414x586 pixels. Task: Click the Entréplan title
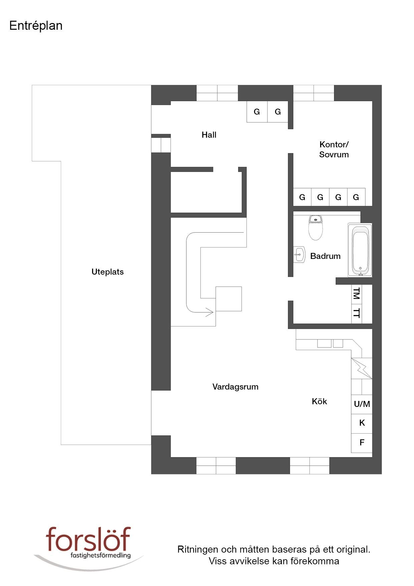(x=36, y=26)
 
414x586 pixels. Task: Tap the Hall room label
(x=209, y=135)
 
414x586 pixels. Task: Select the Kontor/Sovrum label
(x=334, y=149)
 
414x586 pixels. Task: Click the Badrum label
(x=325, y=256)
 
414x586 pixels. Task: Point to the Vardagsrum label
(x=235, y=387)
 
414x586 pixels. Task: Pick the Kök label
(x=319, y=401)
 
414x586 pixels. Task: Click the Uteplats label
(x=108, y=272)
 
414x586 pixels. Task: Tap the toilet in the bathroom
(x=316, y=228)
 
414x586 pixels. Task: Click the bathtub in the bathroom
(x=360, y=250)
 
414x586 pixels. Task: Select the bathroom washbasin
(x=299, y=255)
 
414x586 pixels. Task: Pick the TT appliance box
(x=357, y=313)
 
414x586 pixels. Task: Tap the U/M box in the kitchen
(x=362, y=404)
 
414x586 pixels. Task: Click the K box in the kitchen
(x=362, y=423)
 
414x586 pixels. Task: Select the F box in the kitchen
(x=362, y=443)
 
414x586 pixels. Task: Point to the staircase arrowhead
(x=210, y=312)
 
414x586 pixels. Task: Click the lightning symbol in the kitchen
(x=362, y=369)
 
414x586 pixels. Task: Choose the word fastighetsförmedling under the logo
(x=100, y=556)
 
